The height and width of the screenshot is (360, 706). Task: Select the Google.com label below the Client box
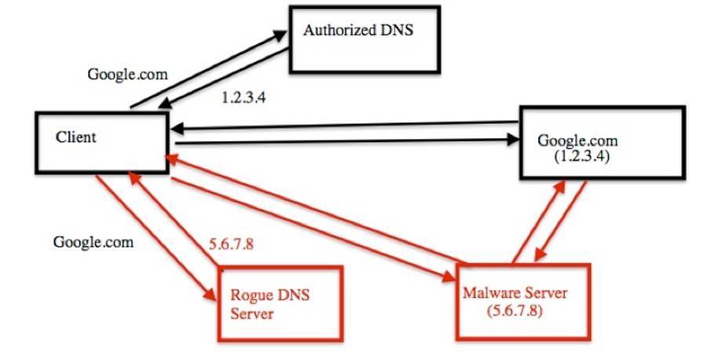(x=93, y=241)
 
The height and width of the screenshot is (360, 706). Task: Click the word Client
(x=75, y=136)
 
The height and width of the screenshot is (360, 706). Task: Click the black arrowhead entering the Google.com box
(x=515, y=140)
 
